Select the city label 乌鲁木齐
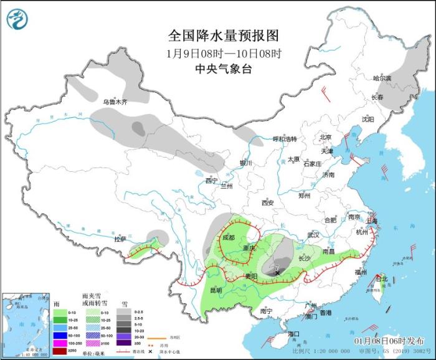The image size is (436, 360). (x=115, y=102)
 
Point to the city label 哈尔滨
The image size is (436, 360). (x=381, y=78)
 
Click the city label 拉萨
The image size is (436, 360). (x=120, y=239)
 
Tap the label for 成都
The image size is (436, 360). (x=228, y=237)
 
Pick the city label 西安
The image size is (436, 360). (x=268, y=202)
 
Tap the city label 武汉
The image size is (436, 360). (x=313, y=235)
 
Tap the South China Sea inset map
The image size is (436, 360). (x=25, y=324)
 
